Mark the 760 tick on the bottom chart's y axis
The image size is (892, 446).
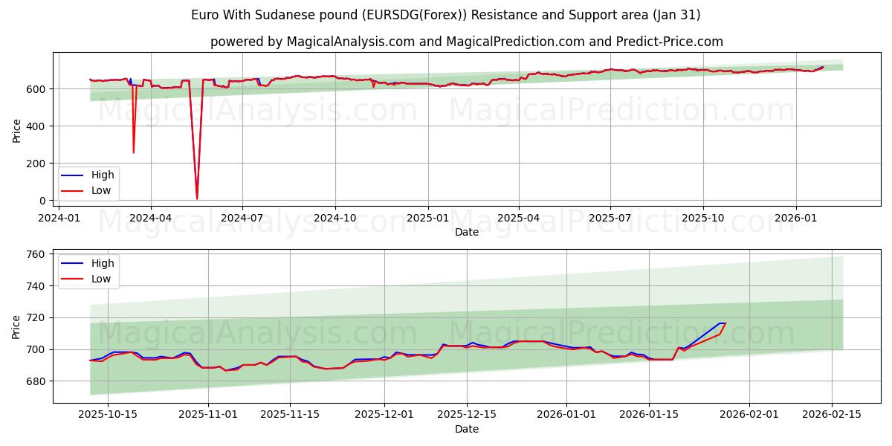point(36,254)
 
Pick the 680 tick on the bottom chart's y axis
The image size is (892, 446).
point(36,381)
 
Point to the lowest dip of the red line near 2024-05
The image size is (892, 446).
point(197,198)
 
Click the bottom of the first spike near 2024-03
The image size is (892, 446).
point(134,153)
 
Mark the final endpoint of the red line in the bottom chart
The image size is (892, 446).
point(725,323)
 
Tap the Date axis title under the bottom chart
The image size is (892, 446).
point(466,429)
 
